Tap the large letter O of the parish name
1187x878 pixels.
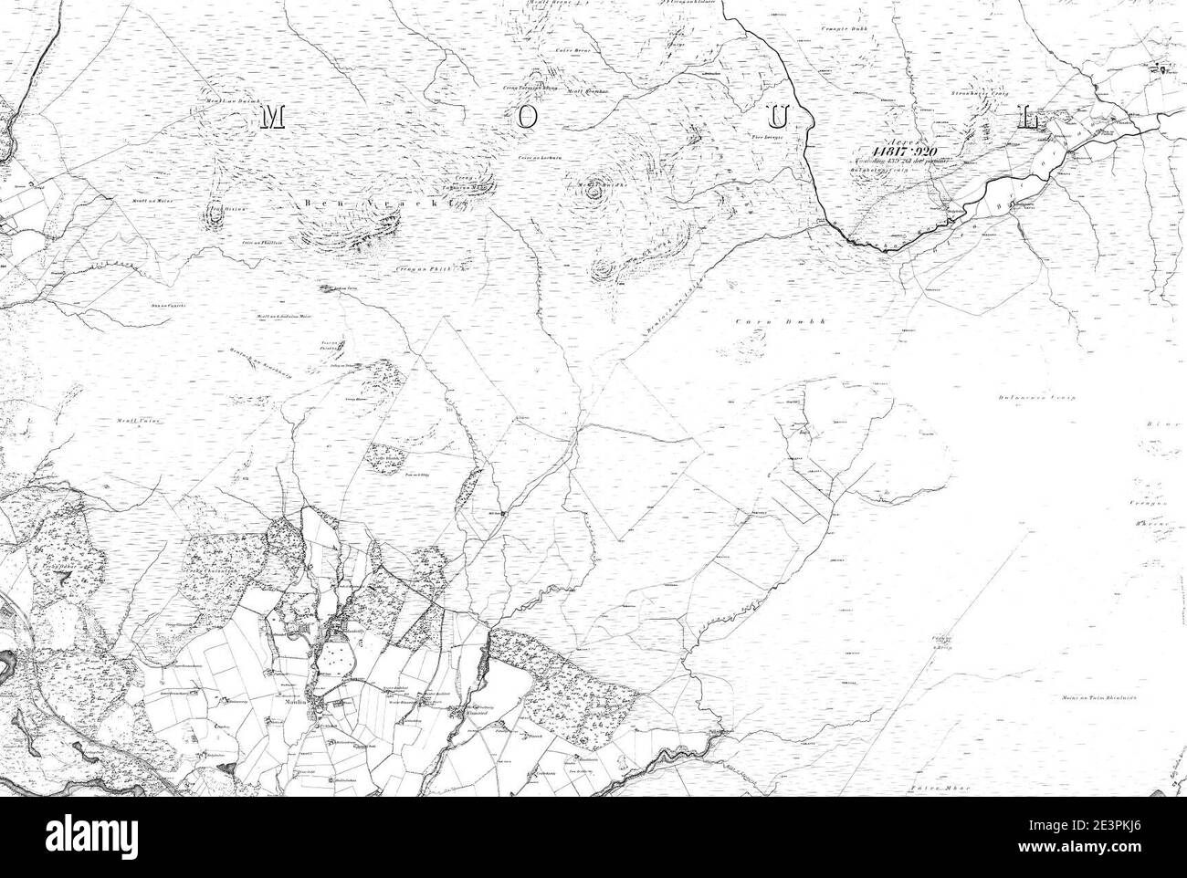pyautogui.click(x=526, y=116)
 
